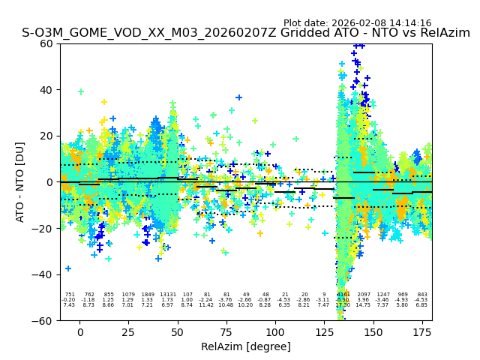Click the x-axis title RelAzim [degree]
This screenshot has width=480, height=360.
pos(246,346)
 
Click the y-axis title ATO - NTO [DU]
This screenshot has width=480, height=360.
pos(20,181)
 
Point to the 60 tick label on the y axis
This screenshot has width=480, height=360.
pos(46,43)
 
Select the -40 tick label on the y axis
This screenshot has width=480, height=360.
pos(43,274)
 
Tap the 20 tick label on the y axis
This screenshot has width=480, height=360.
pos(46,136)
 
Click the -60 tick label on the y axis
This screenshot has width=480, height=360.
pos(43,321)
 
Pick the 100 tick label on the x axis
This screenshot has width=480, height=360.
pos(275,331)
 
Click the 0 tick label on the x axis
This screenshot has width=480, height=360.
pos(79,331)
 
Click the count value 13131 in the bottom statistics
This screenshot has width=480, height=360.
pos(167,295)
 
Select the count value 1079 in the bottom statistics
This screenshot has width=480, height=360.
pos(128,295)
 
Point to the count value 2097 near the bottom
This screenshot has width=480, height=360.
pos(364,295)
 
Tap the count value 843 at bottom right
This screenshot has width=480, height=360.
pos(422,295)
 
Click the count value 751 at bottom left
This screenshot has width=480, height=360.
pos(70,295)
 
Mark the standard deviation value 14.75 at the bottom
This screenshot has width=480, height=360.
pos(364,305)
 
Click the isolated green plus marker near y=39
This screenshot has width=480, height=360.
pos(81,91)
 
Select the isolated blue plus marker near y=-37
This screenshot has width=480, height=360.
pos(68,268)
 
